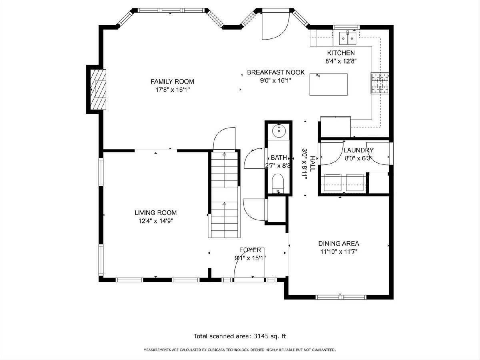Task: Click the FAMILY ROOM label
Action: click(x=172, y=82)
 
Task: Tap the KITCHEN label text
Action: click(x=341, y=53)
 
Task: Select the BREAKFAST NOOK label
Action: click(x=276, y=72)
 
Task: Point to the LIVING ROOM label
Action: click(x=156, y=213)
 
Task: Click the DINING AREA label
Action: click(x=338, y=244)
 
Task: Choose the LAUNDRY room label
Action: click(x=358, y=150)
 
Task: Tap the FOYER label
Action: click(x=250, y=250)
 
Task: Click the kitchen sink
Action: click(x=348, y=38)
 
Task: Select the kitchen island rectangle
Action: click(x=328, y=84)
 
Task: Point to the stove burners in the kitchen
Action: click(x=380, y=83)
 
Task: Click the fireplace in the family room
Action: click(x=98, y=89)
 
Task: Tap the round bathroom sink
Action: click(x=279, y=131)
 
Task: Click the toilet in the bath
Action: click(x=278, y=184)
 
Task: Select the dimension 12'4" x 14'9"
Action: click(x=156, y=221)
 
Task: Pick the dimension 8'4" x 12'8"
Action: click(x=341, y=61)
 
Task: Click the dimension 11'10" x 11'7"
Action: click(x=339, y=252)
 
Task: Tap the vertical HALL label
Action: click(x=312, y=164)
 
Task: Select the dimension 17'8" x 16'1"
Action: click(x=172, y=90)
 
